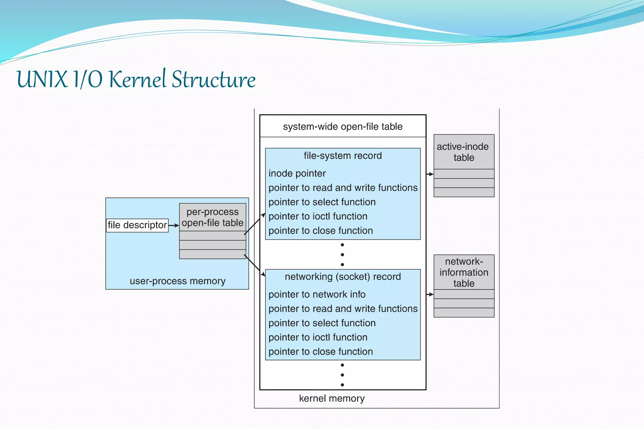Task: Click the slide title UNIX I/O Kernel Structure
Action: [x=136, y=79]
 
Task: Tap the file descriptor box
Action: [x=137, y=225]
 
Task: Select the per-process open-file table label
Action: [x=213, y=217]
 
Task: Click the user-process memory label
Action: [x=178, y=281]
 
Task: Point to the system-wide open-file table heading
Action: [x=343, y=127]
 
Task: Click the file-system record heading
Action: [x=343, y=156]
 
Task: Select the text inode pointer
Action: [x=297, y=173]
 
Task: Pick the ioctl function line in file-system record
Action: [x=318, y=217]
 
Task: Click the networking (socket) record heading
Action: [x=343, y=277]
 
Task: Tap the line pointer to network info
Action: [x=317, y=294]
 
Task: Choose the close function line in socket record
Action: [x=321, y=352]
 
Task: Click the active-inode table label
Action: [x=464, y=152]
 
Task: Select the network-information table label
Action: [x=464, y=272]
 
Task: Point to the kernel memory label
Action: [x=332, y=399]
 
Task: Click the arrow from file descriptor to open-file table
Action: [x=174, y=225]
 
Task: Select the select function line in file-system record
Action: [x=322, y=202]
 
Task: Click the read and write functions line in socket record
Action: [x=343, y=309]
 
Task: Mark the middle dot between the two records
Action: [x=342, y=255]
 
